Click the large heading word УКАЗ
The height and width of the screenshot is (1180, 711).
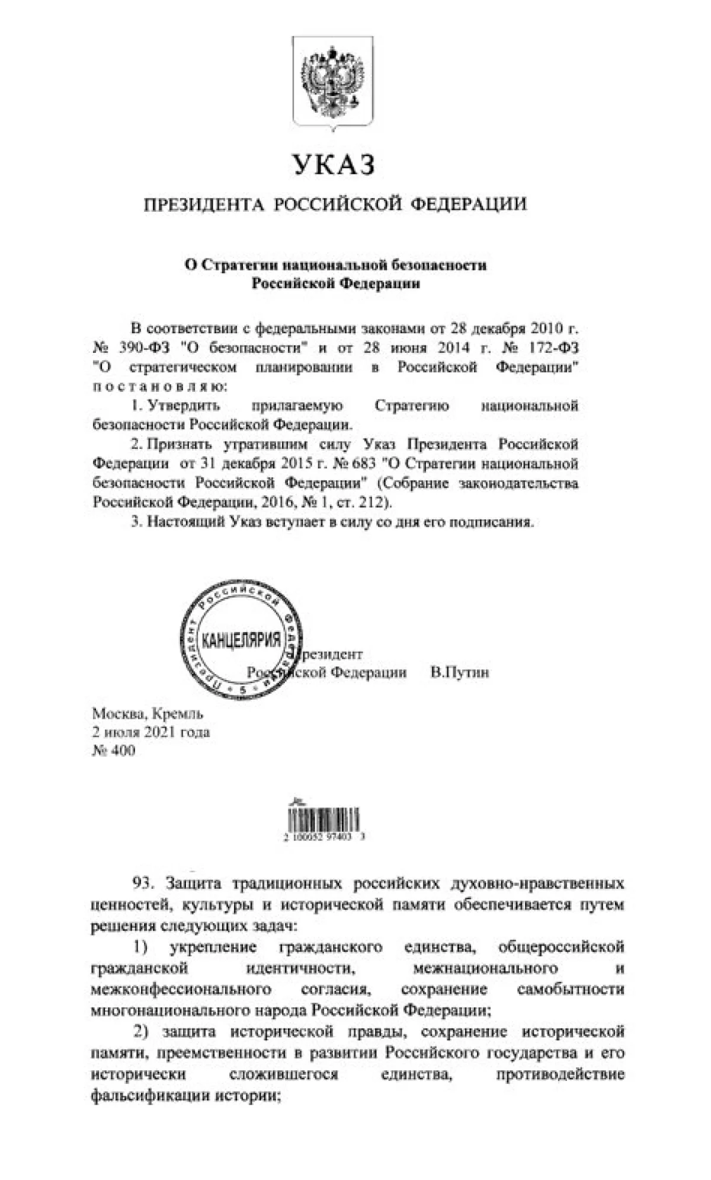pyautogui.click(x=334, y=164)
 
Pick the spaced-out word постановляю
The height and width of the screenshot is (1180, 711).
pyautogui.click(x=159, y=387)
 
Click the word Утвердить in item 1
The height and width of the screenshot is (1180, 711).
pyautogui.click(x=184, y=406)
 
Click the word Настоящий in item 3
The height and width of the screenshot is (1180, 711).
pyautogui.click(x=184, y=522)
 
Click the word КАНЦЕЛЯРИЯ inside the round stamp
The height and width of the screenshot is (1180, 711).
pyautogui.click(x=241, y=640)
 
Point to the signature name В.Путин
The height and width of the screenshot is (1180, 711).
pyautogui.click(x=460, y=672)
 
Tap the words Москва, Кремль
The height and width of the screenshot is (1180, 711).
pyautogui.click(x=148, y=714)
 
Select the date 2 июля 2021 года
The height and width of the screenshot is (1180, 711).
pyautogui.click(x=150, y=732)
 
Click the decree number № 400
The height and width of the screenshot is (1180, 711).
pyautogui.click(x=113, y=751)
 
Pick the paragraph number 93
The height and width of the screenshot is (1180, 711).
pyautogui.click(x=143, y=884)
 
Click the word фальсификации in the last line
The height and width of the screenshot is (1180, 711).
pyautogui.click(x=143, y=1095)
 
